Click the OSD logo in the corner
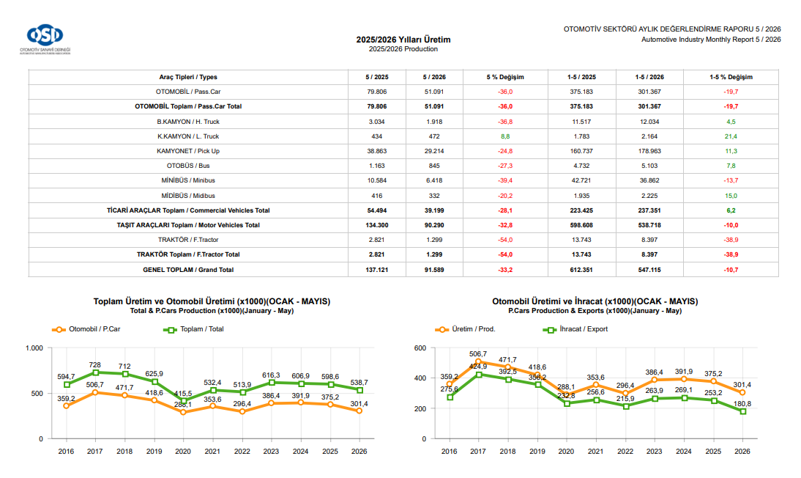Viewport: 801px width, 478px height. [x=45, y=39]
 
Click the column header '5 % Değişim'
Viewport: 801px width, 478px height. [x=505, y=77]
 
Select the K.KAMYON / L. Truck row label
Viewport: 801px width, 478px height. [x=188, y=136]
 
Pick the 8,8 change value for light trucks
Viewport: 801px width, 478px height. [x=505, y=136]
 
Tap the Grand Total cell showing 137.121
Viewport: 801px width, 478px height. [x=377, y=270]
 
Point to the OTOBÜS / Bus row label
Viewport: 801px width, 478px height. [x=188, y=166]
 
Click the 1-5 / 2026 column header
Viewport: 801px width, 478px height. [x=649, y=77]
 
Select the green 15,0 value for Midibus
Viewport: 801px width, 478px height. [x=731, y=196]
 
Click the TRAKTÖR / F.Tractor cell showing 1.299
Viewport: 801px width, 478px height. [x=434, y=240]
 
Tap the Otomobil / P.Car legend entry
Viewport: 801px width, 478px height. [x=86, y=329]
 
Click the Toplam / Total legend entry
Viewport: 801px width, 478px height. [x=193, y=329]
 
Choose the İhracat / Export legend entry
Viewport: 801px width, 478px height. [x=575, y=329]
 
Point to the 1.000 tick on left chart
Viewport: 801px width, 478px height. [x=34, y=348]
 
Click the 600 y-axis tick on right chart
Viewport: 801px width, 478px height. [x=420, y=348]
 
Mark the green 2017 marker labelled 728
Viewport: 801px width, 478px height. [x=95, y=372]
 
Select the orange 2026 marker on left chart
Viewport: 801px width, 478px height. [x=359, y=411]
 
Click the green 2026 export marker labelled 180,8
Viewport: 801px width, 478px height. [x=742, y=411]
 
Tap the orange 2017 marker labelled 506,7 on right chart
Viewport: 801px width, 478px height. [x=479, y=362]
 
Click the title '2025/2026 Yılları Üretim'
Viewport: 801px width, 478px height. [x=403, y=40]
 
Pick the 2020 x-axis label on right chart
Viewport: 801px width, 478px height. [x=566, y=452]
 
